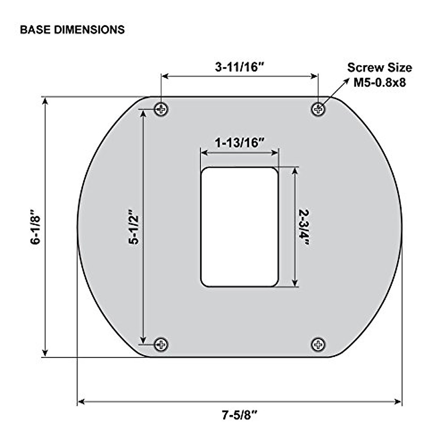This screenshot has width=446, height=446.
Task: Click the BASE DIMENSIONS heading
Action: pyautogui.click(x=72, y=30)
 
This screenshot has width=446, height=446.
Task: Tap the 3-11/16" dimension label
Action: pyautogui.click(x=240, y=67)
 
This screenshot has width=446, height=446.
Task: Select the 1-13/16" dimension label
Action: pyautogui.click(x=240, y=143)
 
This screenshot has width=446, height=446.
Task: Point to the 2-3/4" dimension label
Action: pyautogui.click(x=304, y=228)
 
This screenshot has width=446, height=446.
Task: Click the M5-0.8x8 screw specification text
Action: pyautogui.click(x=379, y=83)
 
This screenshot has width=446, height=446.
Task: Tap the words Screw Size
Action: pyautogui.click(x=379, y=68)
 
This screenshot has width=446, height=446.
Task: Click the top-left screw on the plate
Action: pyautogui.click(x=161, y=109)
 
